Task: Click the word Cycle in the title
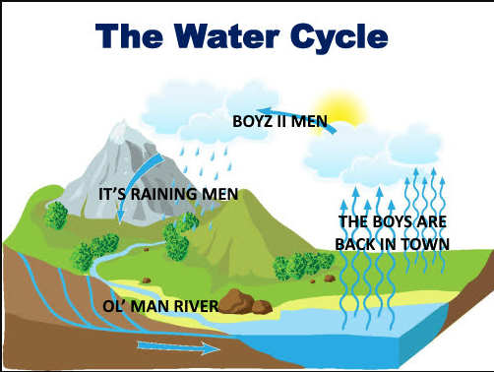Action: coord(340,36)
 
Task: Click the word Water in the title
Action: coord(227,35)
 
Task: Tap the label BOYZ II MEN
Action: coord(279,121)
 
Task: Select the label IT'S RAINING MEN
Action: coord(168,194)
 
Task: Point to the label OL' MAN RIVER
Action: coord(160,306)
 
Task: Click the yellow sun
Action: coord(340,110)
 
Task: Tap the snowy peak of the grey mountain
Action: coord(123,127)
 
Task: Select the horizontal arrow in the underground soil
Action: coord(179,347)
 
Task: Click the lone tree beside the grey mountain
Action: coord(56,216)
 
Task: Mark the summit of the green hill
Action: coord(243,191)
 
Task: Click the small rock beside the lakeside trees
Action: coord(330,279)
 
